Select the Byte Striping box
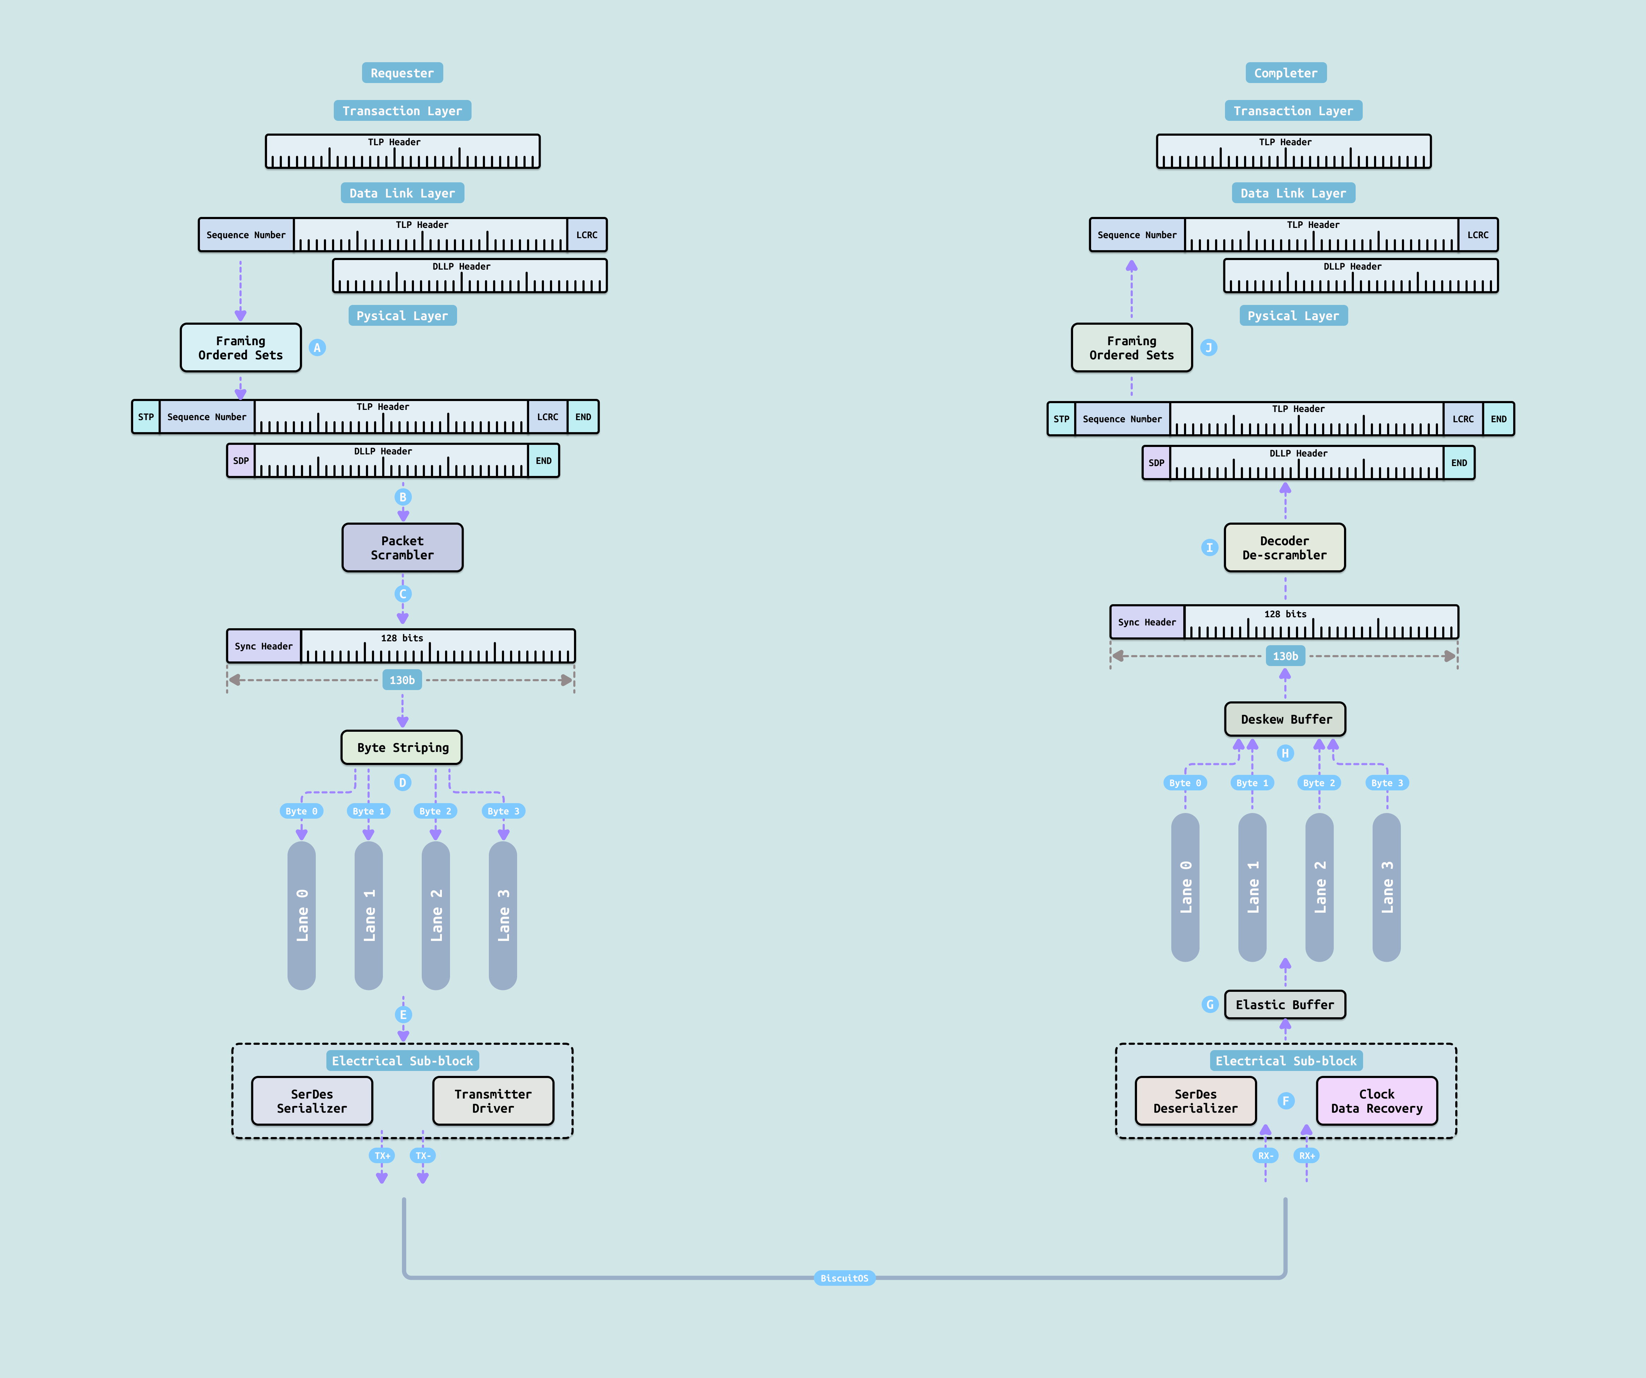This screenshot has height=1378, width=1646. click(401, 747)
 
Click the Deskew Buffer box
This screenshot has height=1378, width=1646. click(1285, 719)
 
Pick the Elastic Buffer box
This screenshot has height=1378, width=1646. click(1285, 1004)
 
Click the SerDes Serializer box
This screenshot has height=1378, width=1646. click(312, 1101)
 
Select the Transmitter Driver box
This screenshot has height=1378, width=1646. click(493, 1101)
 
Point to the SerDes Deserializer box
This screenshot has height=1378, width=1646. click(1195, 1101)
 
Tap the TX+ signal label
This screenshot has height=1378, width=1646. click(382, 1155)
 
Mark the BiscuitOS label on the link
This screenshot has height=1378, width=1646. click(844, 1278)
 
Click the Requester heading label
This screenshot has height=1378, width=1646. click(402, 73)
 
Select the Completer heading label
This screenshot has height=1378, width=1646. click(1285, 73)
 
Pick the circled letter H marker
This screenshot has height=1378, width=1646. click(1285, 753)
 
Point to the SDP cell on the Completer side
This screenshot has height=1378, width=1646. click(1156, 463)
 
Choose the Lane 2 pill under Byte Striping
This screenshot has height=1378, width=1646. click(436, 915)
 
